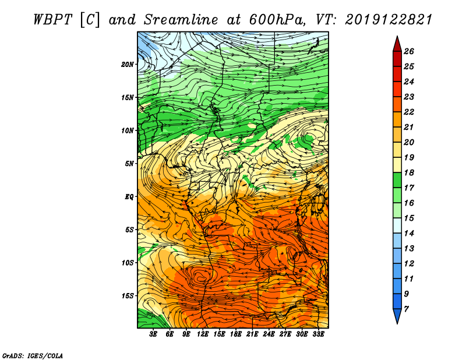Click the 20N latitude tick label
tap(127, 65)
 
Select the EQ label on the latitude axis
tap(129, 197)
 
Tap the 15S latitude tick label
tap(127, 296)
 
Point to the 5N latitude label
tap(129, 164)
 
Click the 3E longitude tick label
tap(153, 334)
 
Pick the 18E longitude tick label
tap(236, 334)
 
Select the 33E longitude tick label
tap(318, 334)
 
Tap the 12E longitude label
tap(203, 334)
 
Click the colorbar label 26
tap(409, 51)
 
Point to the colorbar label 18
tap(409, 172)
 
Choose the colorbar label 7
tap(406, 309)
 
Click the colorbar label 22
tap(409, 112)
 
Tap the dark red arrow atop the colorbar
tap(397, 45)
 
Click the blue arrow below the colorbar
tap(397, 315)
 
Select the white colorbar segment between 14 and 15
tap(397, 225)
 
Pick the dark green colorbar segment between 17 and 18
tap(397, 180)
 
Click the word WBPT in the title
tap(52, 20)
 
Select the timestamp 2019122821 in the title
tap(389, 20)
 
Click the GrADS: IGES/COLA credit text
tap(33, 356)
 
